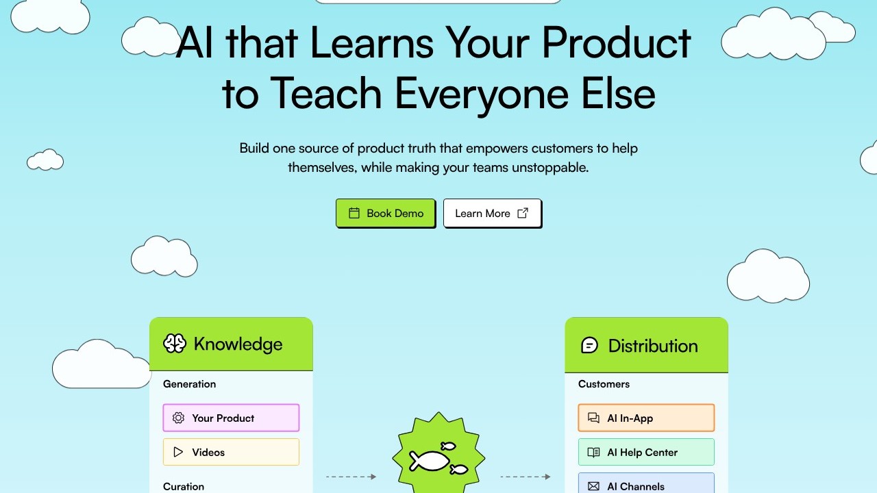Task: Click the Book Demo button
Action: coord(386,213)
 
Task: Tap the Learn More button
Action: coord(493,213)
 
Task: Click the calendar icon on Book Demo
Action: coord(354,213)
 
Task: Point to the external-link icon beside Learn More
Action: coord(523,213)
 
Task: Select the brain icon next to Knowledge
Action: coord(175,344)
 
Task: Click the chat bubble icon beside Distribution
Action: coord(590,346)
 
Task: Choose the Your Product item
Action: coord(231,418)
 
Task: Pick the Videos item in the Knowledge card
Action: coord(231,452)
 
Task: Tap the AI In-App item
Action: coord(646,418)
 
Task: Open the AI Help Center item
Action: coord(646,452)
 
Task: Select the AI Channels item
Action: coord(646,483)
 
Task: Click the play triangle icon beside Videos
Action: coord(178,452)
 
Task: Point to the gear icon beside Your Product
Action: coord(178,418)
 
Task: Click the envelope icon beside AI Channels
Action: coord(593,486)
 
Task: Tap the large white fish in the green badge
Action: coord(429,461)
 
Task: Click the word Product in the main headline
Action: coord(616,42)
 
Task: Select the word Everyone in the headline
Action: coord(482,94)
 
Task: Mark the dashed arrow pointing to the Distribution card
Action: coord(526,477)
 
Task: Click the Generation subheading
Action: coord(190,384)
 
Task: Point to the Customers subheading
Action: coord(604,384)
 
